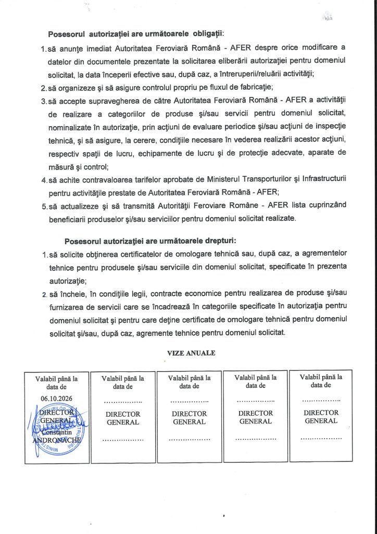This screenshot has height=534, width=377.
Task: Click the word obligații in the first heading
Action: tap(207, 34)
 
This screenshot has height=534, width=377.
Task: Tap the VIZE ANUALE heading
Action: tap(191, 353)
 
